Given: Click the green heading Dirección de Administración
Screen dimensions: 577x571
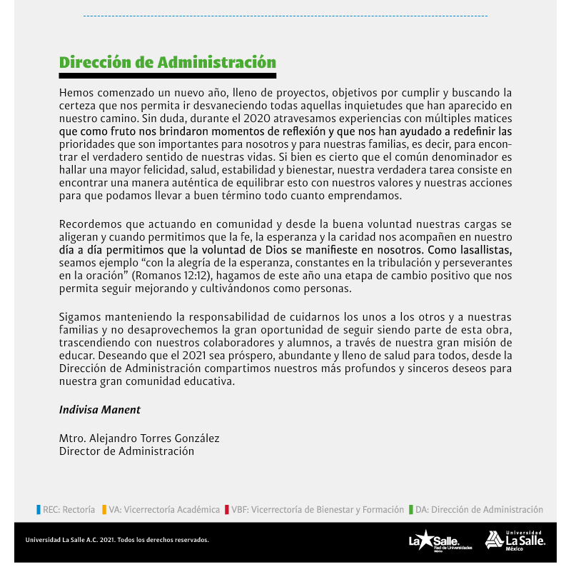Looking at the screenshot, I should tap(167, 62).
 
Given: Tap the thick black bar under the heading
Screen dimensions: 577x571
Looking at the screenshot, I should tap(167, 75).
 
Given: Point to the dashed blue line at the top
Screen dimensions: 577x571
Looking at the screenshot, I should tap(285, 15).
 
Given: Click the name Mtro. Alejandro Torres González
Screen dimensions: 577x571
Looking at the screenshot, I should tap(139, 438).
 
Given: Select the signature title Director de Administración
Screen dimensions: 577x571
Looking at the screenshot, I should tap(126, 451).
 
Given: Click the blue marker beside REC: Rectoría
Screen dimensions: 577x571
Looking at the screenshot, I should tap(39, 510).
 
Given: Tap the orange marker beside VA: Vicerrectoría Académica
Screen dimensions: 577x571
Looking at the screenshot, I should tap(104, 510).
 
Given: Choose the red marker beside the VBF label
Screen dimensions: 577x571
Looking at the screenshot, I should tap(226, 510).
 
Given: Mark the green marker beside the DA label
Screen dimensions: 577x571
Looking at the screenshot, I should tap(411, 510).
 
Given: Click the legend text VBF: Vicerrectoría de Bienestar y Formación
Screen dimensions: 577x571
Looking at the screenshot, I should tap(318, 510).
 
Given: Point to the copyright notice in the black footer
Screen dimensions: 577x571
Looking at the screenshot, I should tap(117, 540).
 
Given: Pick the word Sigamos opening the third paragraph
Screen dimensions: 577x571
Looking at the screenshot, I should tap(81, 316).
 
